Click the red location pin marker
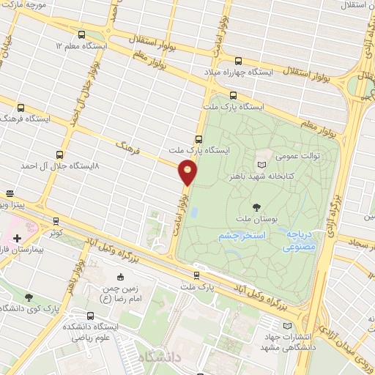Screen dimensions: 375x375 [188, 173]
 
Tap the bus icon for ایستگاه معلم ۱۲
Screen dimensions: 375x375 [81, 34]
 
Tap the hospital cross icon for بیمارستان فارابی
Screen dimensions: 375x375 [17, 238]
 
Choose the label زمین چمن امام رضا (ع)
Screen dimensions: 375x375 [122, 294]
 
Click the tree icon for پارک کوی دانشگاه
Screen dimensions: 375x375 [28, 297]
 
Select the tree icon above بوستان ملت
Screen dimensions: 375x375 [256, 207]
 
